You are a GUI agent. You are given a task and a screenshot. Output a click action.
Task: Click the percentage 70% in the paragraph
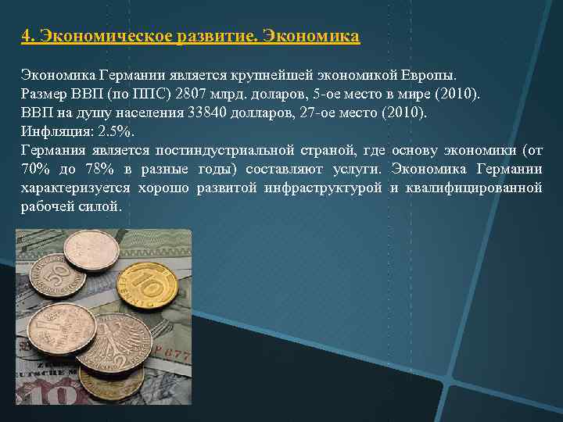pyautogui.click(x=35, y=169)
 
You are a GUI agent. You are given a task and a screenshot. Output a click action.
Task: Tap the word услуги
pyautogui.click(x=357, y=169)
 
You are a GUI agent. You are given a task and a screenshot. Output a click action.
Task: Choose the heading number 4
pyautogui.click(x=27, y=36)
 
